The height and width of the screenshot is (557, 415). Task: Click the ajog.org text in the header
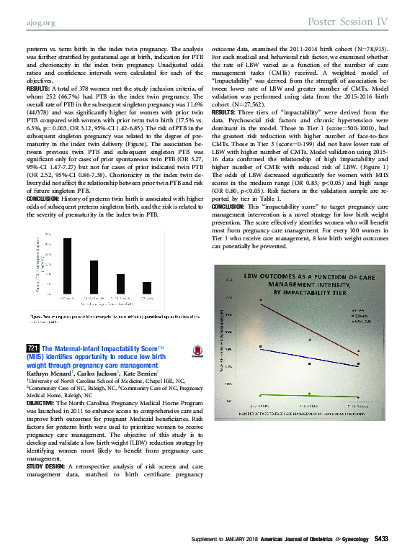(37, 22)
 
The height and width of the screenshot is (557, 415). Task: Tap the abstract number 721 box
(33, 348)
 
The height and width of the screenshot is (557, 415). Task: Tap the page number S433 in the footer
(381, 538)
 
